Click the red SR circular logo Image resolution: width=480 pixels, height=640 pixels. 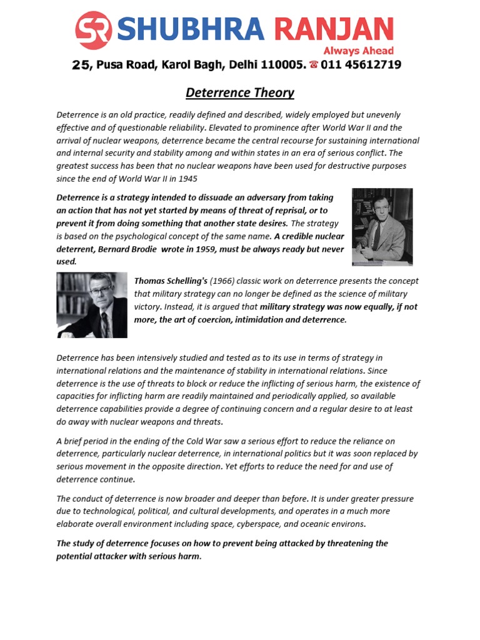pos(93,30)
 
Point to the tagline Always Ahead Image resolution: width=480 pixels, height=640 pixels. pos(358,51)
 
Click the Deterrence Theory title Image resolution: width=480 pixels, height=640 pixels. pos(240,93)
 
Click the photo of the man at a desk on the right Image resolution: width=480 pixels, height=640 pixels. pos(382,227)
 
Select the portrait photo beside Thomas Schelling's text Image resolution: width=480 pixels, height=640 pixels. pos(92,306)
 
